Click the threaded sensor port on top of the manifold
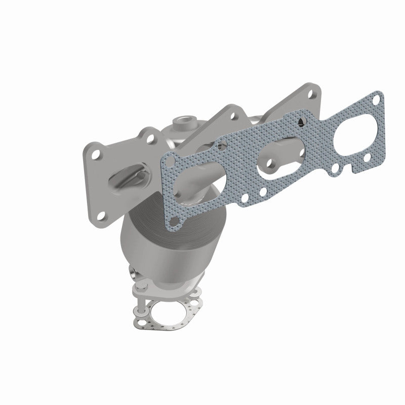click(x=183, y=122)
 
